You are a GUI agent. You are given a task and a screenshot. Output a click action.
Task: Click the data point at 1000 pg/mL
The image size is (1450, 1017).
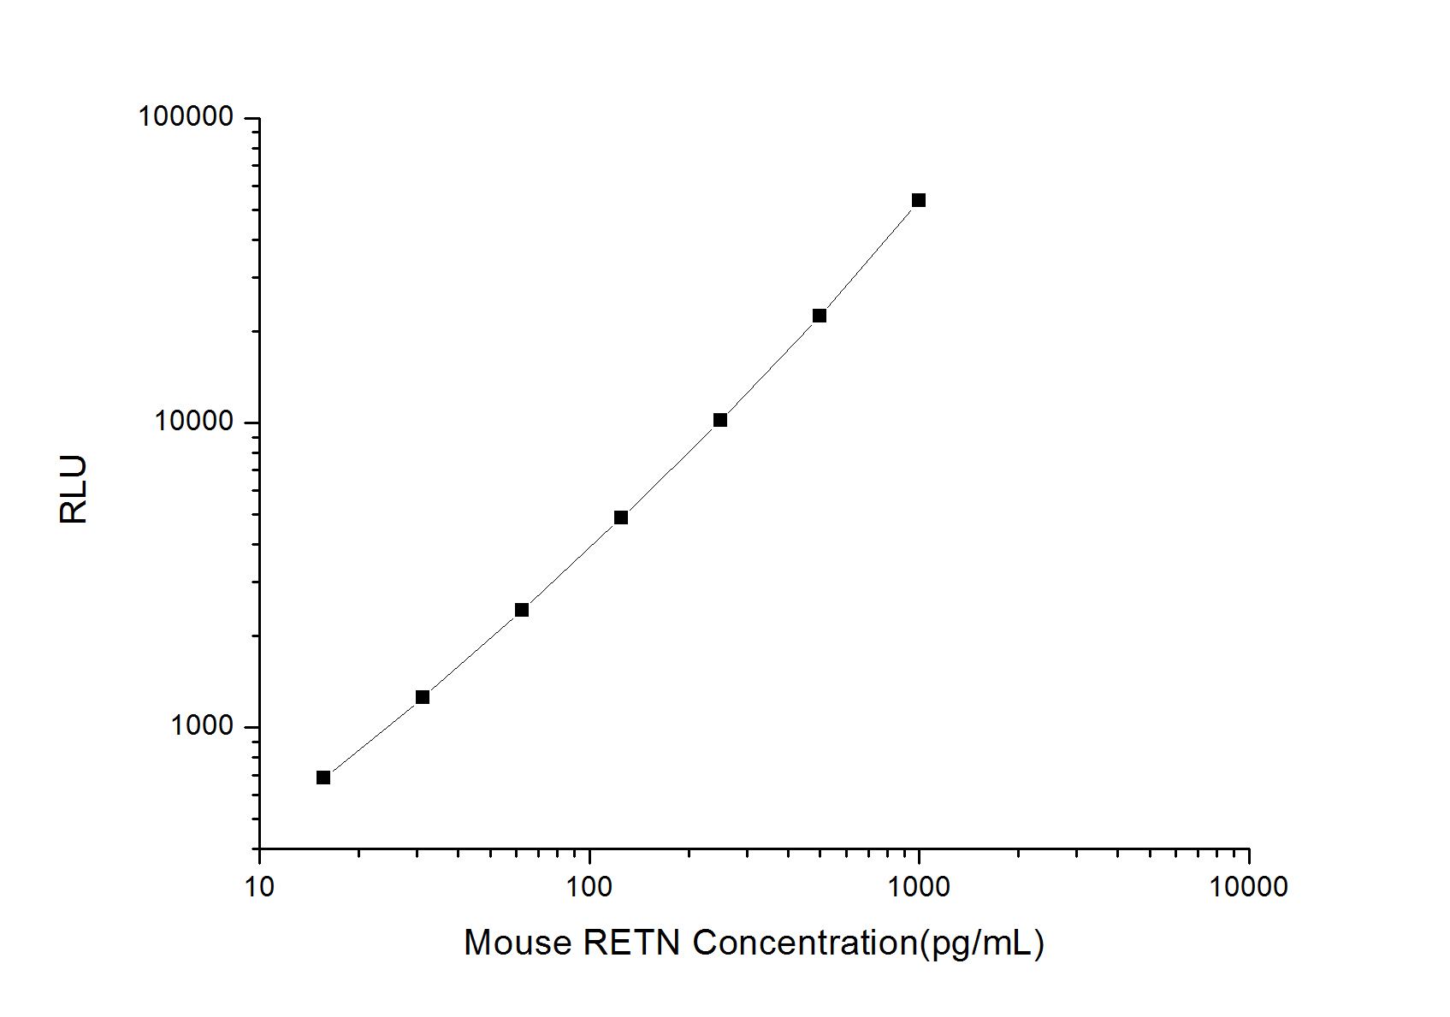click(919, 200)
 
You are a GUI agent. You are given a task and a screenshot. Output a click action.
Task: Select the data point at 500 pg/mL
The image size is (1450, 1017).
click(820, 316)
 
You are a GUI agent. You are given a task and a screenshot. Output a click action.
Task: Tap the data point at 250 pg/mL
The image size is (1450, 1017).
click(720, 420)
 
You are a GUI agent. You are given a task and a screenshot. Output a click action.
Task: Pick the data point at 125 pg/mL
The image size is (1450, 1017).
click(621, 517)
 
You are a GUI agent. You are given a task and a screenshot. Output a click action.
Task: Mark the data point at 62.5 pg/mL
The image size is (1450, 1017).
click(522, 610)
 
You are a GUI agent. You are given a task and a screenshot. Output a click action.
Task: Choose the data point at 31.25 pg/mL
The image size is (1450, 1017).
click(423, 697)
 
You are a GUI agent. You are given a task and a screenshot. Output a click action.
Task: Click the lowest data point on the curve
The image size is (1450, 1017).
click(323, 778)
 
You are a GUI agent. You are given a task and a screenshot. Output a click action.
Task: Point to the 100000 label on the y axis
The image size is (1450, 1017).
click(186, 116)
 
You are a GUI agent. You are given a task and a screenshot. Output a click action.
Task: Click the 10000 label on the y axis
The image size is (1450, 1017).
click(194, 421)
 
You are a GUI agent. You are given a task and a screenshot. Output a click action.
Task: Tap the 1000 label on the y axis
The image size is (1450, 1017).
click(202, 725)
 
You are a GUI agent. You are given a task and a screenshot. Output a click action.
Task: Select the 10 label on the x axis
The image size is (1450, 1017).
click(259, 887)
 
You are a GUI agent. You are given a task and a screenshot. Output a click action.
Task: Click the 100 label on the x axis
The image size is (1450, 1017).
click(589, 887)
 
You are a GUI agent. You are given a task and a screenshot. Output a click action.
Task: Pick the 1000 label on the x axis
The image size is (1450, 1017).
click(919, 887)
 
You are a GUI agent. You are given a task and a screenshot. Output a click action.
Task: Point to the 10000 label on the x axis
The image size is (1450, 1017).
click(1248, 887)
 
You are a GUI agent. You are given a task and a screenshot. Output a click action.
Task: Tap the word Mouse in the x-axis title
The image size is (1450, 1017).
click(518, 943)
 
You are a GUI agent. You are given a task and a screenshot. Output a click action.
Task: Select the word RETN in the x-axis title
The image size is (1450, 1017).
click(632, 943)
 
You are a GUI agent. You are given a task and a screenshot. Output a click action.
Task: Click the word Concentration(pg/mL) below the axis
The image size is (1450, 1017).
click(868, 943)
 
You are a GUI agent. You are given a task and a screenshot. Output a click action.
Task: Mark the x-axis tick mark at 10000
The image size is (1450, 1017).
click(1249, 855)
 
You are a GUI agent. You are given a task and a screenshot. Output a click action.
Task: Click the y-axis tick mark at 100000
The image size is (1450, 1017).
click(252, 118)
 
